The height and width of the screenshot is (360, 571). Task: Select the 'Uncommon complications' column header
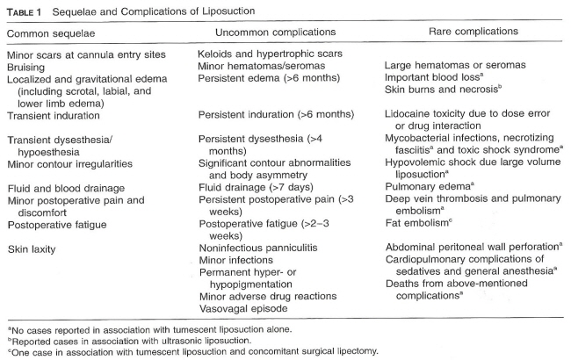coord(269,32)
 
